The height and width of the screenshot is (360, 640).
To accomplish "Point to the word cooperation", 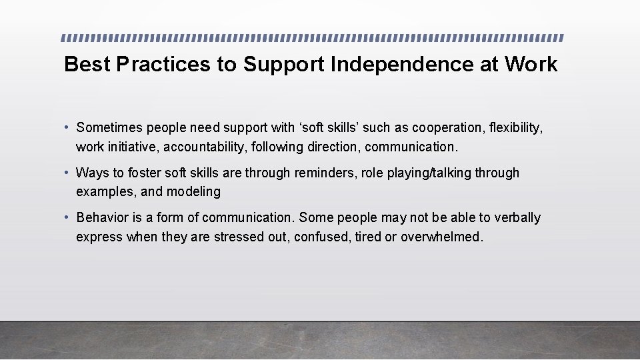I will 447,127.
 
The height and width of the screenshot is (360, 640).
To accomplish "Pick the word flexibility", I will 514,127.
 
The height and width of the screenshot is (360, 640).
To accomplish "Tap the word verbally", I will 517,217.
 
